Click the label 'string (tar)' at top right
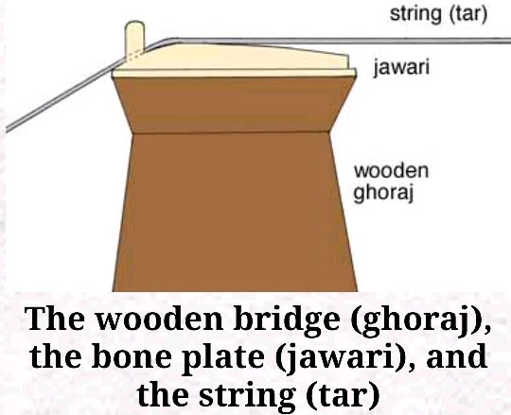438,14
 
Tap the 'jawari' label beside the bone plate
401,67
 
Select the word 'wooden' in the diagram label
391,170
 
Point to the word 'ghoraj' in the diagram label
383,193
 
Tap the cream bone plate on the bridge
233,61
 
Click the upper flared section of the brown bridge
233,105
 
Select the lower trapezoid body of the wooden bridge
235,212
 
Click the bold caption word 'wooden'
161,318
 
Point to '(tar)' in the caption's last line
343,395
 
